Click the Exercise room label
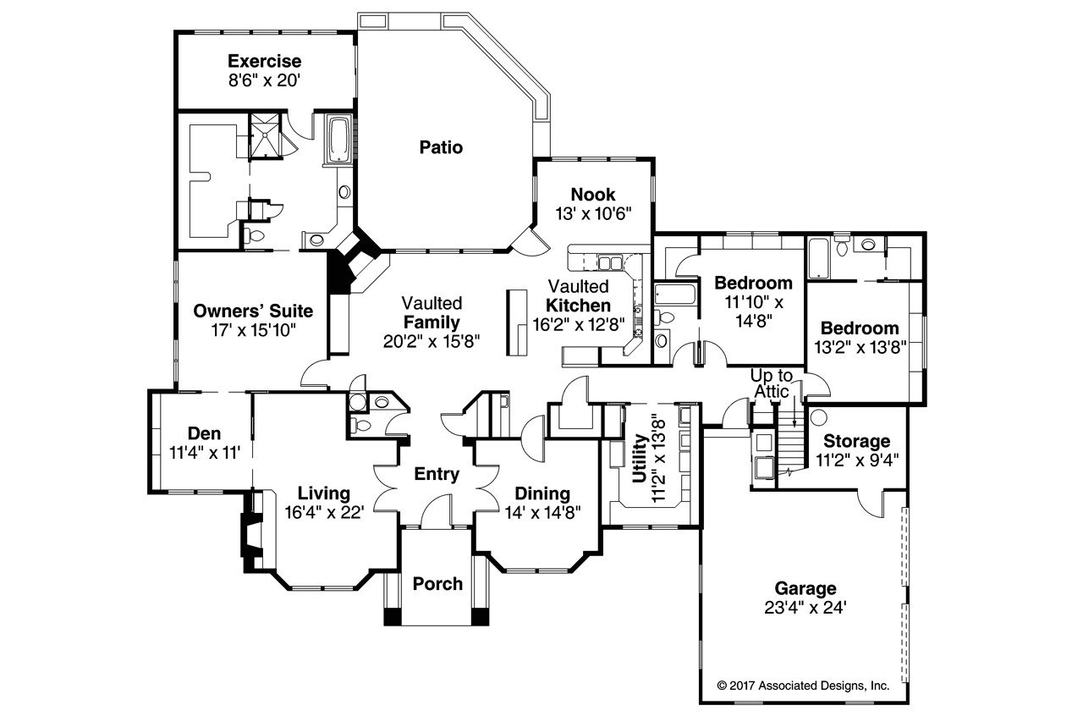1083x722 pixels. [265, 62]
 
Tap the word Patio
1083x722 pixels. [441, 147]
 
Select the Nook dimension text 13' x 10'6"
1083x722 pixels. [593, 213]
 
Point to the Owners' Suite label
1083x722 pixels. [253, 311]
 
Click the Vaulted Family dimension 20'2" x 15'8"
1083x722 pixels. [432, 341]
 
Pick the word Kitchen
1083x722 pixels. [578, 306]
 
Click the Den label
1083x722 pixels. [204, 433]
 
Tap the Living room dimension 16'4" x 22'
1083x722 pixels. [324, 512]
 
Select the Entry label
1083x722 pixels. [437, 474]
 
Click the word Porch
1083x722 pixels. [437, 584]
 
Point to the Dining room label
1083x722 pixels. [542, 493]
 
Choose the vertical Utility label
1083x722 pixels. [640, 458]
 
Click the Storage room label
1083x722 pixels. [857, 441]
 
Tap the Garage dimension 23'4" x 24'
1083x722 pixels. [805, 608]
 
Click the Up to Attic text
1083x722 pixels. [771, 383]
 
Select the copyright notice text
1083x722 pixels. [803, 686]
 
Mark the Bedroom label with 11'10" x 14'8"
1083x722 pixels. [753, 283]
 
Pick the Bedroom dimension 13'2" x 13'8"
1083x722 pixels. [860, 347]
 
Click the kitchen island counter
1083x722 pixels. [516, 322]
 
